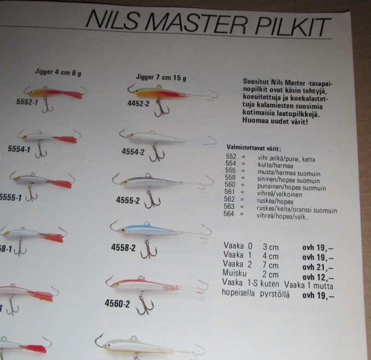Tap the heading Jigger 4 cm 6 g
click(58, 72)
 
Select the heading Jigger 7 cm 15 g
click(161, 77)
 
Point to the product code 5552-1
click(27, 102)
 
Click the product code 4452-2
click(138, 104)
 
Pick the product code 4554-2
click(133, 152)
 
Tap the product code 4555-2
click(128, 200)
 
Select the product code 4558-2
click(123, 248)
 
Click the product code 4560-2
click(117, 303)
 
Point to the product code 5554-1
click(19, 149)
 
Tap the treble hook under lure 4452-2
click(162, 109)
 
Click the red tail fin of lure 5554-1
click(65, 139)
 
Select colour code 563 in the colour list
click(229, 207)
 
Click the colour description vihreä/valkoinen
click(279, 194)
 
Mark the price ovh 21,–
click(318, 267)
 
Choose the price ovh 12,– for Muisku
click(318, 277)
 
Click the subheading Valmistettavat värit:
click(254, 148)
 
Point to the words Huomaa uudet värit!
click(275, 121)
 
